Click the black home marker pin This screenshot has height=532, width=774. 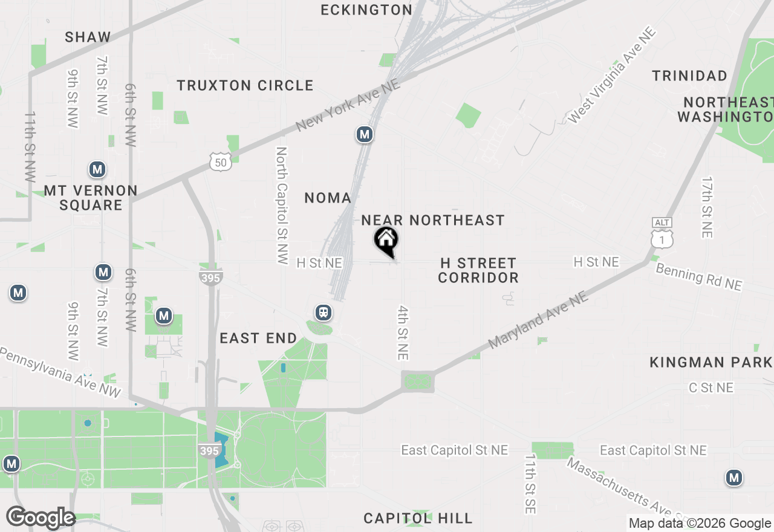coord(386,241)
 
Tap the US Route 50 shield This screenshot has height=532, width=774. coord(221,161)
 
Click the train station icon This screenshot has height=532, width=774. coord(324,313)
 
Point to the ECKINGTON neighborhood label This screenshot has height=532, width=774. coord(366,10)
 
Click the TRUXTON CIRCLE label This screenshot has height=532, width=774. coord(245,85)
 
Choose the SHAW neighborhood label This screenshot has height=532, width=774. coord(88,37)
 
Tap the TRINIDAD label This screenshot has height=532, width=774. coord(689,76)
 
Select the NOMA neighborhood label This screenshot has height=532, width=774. coord(328,198)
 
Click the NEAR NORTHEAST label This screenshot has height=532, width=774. coord(433,220)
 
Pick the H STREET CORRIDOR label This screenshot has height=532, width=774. coord(478,270)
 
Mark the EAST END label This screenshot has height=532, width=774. coord(258,338)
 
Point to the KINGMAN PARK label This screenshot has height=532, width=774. coord(711,362)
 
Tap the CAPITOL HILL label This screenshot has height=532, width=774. coord(418,518)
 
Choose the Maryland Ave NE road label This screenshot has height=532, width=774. coord(538,320)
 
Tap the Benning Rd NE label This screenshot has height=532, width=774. coord(698,277)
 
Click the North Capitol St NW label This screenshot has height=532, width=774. coord(282,206)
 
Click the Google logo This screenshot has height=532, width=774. coord(41,517)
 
